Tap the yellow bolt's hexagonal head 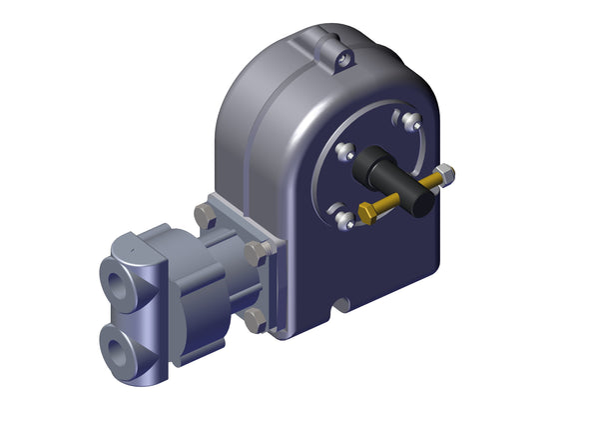click(365, 214)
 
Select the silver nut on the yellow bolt click(445, 176)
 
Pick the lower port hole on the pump click(121, 346)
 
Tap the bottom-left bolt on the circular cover click(340, 217)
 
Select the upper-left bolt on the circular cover click(345, 152)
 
